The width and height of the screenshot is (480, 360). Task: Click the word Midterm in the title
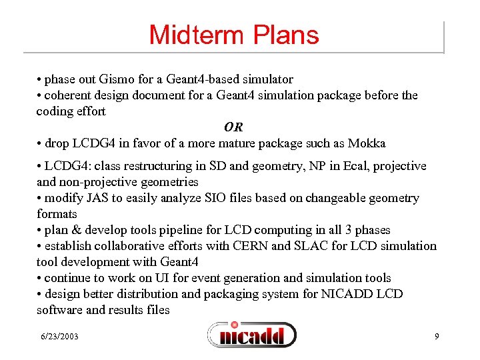190,35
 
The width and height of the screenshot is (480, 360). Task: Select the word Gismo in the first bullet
109,79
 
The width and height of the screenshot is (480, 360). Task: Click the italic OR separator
233,127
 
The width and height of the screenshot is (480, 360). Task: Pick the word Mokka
368,143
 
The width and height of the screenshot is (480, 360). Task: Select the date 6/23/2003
58,337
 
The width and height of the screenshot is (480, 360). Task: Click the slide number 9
437,337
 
